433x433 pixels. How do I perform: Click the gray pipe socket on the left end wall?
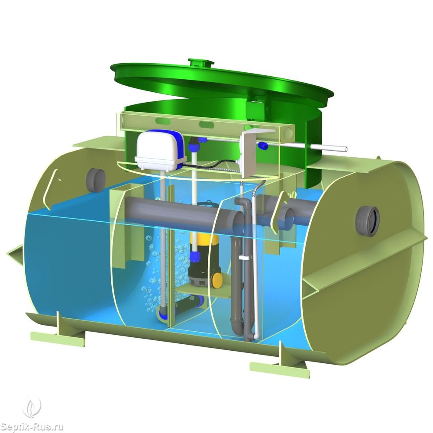[96, 181]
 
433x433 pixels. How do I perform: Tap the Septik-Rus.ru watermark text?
[31, 427]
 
